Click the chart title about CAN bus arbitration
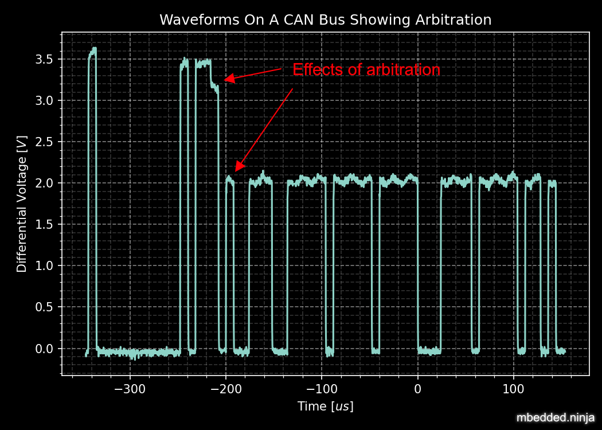point(325,20)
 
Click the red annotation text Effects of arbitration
point(366,70)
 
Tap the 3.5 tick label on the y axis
point(45,60)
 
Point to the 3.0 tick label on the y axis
point(45,101)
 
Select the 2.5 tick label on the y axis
point(45,142)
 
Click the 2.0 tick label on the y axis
point(45,183)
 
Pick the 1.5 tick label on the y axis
point(45,225)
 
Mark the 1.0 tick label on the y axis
point(45,266)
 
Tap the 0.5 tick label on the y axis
point(45,307)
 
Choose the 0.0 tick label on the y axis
point(45,349)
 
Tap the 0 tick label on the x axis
point(417,389)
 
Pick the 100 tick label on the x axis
point(513,389)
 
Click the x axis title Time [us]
point(325,406)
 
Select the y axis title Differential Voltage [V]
point(22,204)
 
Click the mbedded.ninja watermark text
point(555,418)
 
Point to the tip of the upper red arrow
point(224,80)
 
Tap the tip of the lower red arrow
point(236,170)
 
